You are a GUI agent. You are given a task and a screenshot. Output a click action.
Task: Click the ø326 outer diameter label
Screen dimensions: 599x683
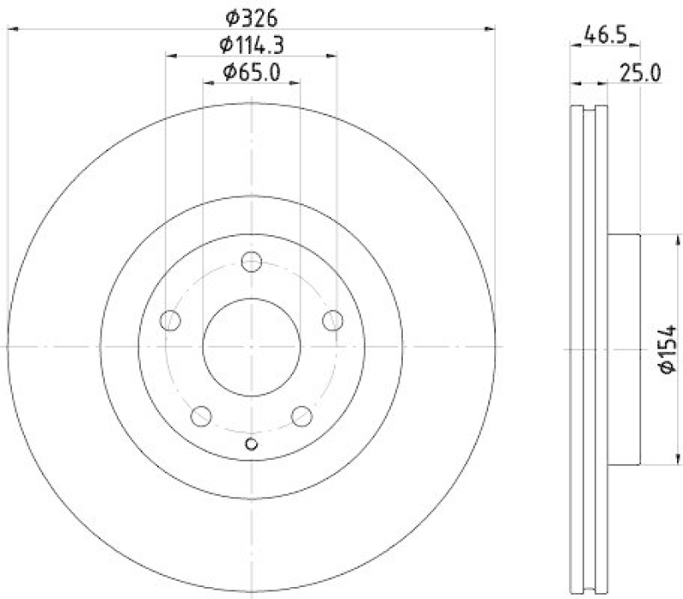click(251, 17)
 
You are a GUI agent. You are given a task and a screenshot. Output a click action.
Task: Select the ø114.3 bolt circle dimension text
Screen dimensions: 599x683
click(251, 44)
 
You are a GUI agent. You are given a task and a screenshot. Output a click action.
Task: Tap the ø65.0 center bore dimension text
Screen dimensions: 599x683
click(251, 73)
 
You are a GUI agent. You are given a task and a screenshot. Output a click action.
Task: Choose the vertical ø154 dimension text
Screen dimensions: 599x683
click(668, 349)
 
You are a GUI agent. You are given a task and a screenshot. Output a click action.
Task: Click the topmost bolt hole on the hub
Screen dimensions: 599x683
click(251, 262)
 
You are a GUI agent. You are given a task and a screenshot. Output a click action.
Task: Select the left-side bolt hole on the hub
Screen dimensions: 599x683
click(171, 320)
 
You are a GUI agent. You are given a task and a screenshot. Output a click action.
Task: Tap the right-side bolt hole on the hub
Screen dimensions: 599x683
click(331, 320)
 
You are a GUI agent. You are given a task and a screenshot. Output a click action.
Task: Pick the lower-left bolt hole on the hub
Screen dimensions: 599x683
click(201, 415)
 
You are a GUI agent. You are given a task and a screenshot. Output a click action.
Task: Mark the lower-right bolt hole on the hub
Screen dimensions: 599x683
click(301, 415)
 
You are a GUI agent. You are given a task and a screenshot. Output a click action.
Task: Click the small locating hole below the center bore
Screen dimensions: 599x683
click(251, 443)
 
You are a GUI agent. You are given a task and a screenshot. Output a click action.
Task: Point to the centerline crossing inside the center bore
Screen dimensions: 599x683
click(251, 347)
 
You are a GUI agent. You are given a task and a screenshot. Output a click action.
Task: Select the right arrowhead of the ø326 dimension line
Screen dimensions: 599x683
click(491, 30)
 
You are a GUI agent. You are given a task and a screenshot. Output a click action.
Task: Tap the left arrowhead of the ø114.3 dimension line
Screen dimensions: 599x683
click(169, 56)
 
